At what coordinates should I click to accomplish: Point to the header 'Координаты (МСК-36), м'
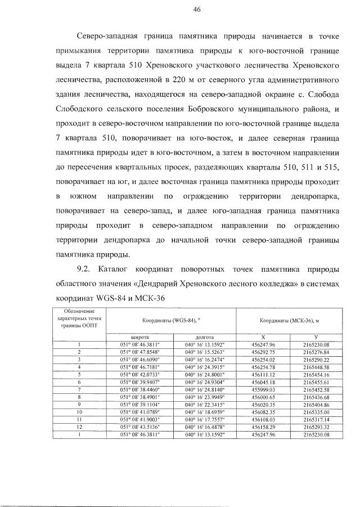click(288, 320)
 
